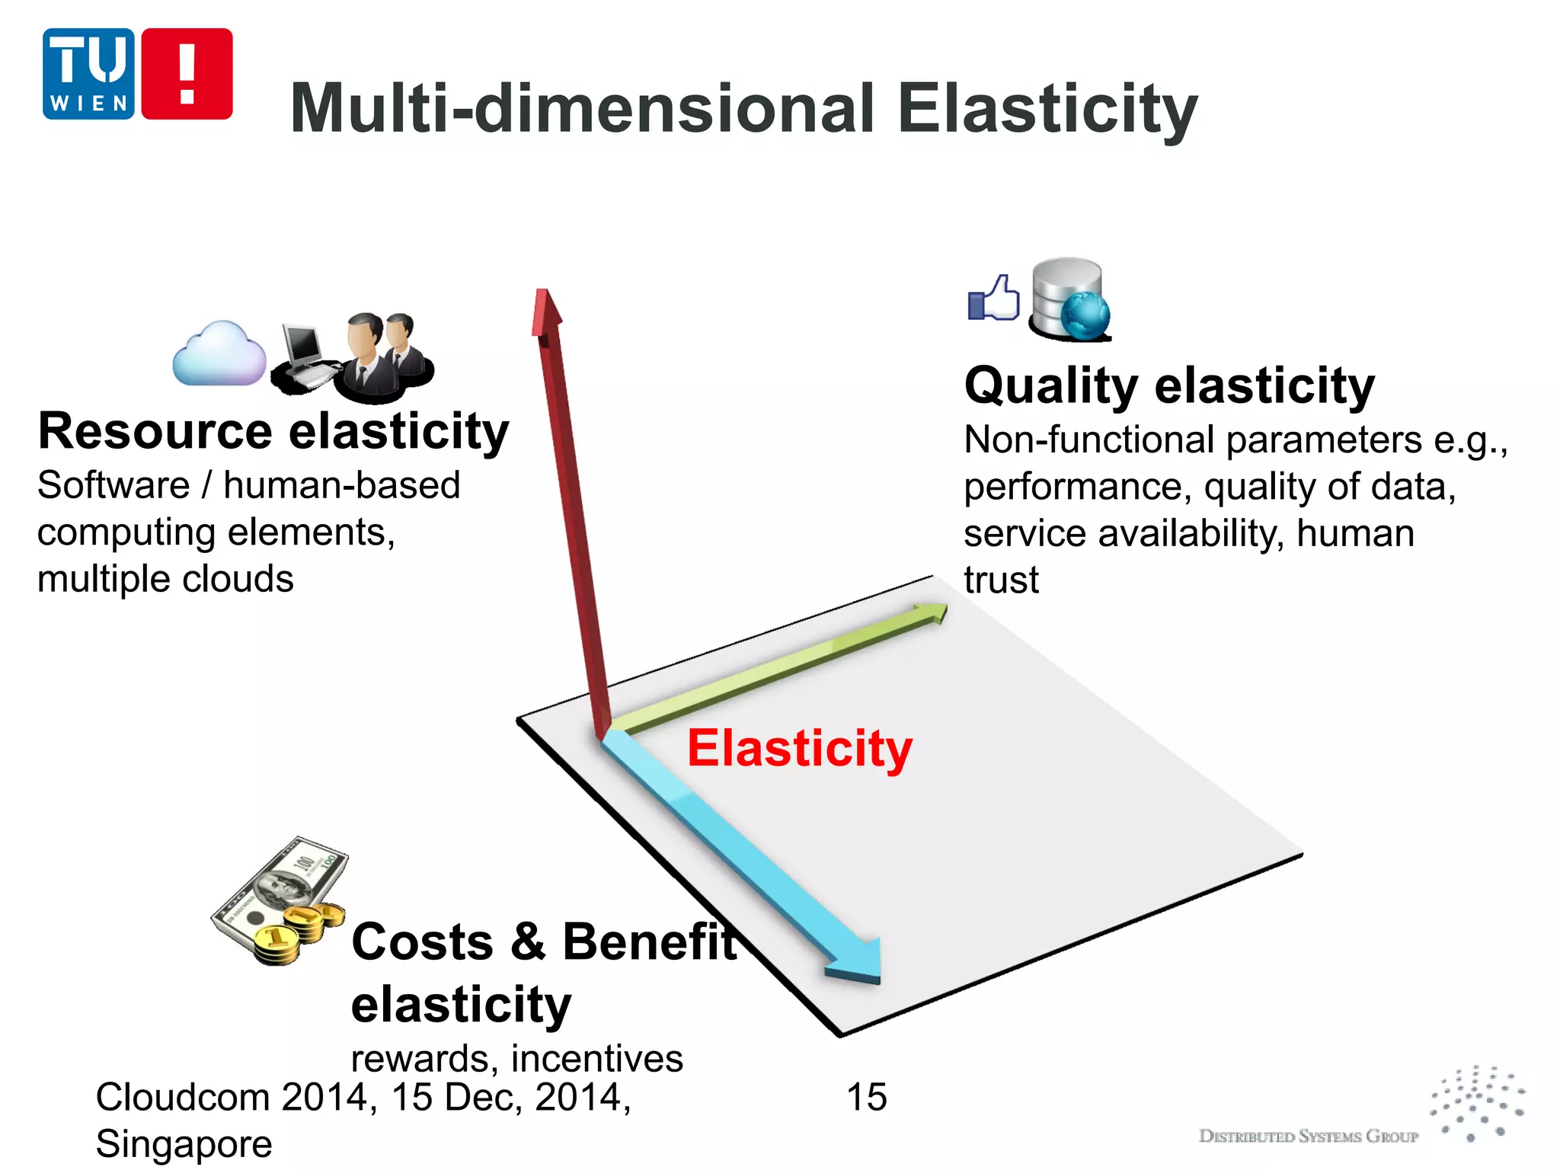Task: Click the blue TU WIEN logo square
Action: click(x=88, y=74)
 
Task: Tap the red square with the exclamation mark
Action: click(x=187, y=74)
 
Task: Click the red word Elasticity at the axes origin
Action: click(x=799, y=748)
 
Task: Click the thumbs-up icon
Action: click(x=994, y=299)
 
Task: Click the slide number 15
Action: click(x=866, y=1098)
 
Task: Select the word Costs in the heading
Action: click(x=422, y=942)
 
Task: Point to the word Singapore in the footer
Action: click(x=184, y=1144)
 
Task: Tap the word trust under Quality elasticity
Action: click(x=1001, y=580)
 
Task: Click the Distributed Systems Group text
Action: click(x=1308, y=1136)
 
